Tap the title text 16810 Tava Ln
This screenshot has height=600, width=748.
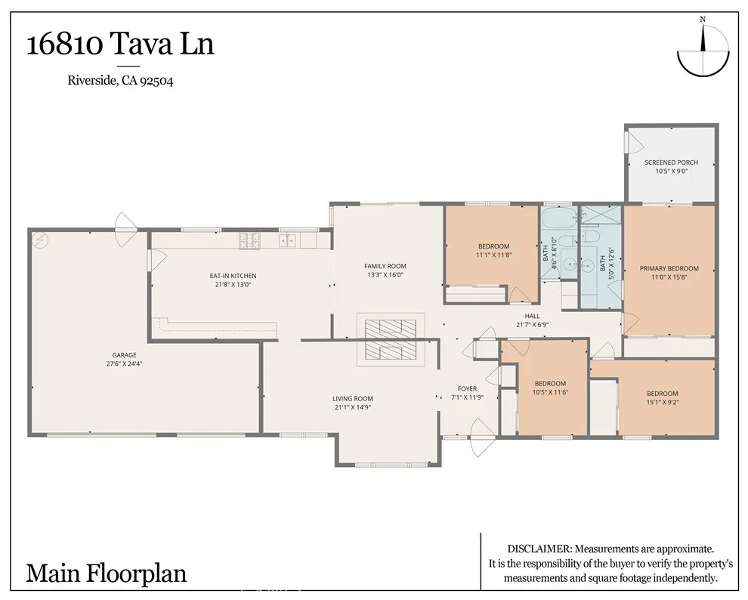[x=120, y=44]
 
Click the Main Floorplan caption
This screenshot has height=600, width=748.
[x=106, y=573]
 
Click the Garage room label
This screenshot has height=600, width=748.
[x=124, y=354]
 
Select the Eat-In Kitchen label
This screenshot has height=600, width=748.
[x=233, y=276]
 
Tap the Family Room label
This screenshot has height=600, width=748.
[x=385, y=266]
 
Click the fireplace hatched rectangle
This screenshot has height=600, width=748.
[x=391, y=338]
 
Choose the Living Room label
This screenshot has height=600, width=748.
[x=353, y=399]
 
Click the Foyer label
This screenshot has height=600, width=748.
[x=467, y=388]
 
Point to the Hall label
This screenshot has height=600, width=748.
[x=532, y=317]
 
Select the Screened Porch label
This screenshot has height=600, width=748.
[x=671, y=162]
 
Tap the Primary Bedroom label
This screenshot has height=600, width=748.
[x=669, y=268]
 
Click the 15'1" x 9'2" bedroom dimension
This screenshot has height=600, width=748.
[x=662, y=402]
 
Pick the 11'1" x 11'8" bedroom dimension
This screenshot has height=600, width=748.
[x=493, y=255]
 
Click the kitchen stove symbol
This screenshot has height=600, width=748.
[x=250, y=241]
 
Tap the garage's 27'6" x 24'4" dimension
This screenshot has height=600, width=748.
[x=124, y=363]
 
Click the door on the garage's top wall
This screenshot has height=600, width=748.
[x=122, y=222]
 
